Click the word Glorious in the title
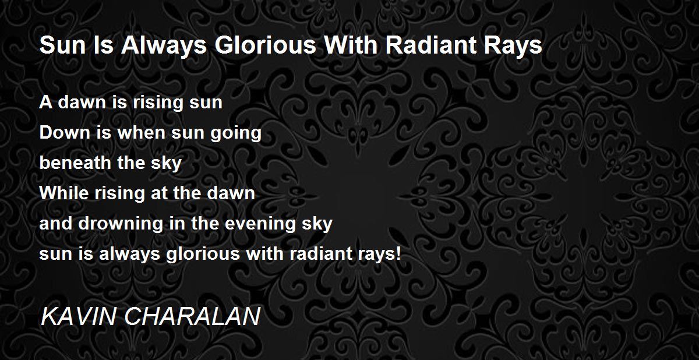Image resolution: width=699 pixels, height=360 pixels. click(x=265, y=45)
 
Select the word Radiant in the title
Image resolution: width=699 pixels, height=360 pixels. click(x=430, y=45)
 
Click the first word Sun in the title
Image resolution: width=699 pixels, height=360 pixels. click(x=63, y=45)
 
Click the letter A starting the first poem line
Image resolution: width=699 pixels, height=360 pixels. click(x=45, y=103)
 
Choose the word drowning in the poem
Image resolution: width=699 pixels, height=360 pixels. click(x=121, y=225)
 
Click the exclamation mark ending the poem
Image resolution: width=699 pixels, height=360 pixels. click(x=397, y=253)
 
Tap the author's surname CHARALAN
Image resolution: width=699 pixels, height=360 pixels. click(x=192, y=317)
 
